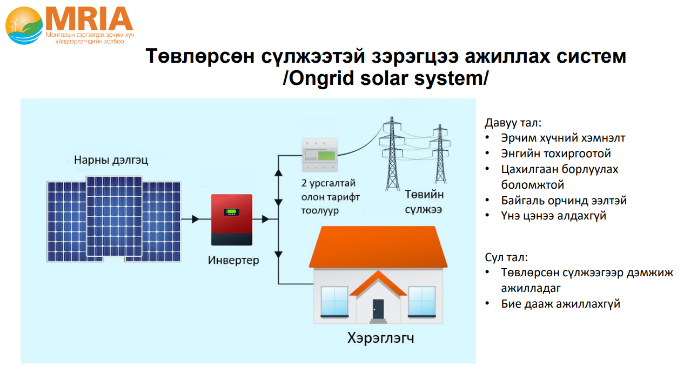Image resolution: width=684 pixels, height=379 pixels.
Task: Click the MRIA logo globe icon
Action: (x=24, y=25)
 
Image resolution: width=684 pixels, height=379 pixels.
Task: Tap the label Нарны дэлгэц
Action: (x=111, y=160)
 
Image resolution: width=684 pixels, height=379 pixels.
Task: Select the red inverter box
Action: (x=232, y=220)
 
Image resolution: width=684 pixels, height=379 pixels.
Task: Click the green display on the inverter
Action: (x=232, y=212)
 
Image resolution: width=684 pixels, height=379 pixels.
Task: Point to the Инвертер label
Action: (x=233, y=261)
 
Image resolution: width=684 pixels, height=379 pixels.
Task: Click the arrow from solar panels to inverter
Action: (x=190, y=219)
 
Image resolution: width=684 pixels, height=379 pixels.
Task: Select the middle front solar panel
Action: (x=114, y=216)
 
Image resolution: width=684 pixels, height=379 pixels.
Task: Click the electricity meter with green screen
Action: (x=320, y=155)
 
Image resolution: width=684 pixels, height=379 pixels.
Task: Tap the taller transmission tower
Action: (x=392, y=154)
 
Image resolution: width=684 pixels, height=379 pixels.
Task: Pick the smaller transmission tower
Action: (x=440, y=154)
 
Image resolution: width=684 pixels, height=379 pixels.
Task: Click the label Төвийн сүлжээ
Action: (x=424, y=202)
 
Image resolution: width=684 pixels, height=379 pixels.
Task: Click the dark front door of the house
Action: (x=378, y=309)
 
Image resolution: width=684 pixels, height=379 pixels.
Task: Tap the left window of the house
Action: (x=334, y=301)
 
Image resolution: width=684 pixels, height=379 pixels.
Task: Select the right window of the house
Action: (x=422, y=301)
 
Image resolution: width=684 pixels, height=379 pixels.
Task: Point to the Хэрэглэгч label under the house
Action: (x=380, y=338)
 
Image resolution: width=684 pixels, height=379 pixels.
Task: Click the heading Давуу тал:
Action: (x=513, y=123)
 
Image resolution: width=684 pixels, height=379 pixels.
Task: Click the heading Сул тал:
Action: (x=506, y=257)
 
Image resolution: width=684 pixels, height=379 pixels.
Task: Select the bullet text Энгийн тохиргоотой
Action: (x=556, y=154)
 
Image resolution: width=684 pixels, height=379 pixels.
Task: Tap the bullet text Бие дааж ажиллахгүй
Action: (x=561, y=304)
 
